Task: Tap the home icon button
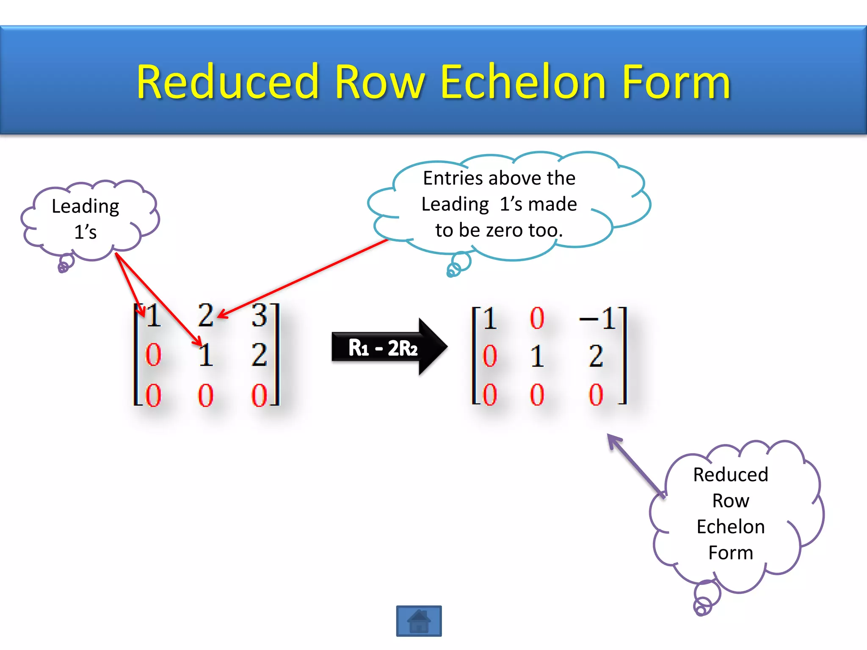tap(419, 621)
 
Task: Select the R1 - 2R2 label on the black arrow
tap(383, 348)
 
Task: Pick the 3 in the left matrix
tap(259, 315)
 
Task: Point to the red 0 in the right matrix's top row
tap(537, 318)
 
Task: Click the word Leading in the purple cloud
tap(85, 207)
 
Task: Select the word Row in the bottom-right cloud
tap(731, 501)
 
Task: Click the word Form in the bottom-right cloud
tap(731, 553)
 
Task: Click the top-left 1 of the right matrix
tap(489, 318)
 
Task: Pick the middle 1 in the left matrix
tap(206, 355)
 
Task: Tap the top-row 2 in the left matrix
tap(206, 315)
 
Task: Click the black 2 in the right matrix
tap(596, 356)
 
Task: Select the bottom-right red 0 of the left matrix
tap(259, 395)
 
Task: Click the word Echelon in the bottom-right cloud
tap(731, 527)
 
